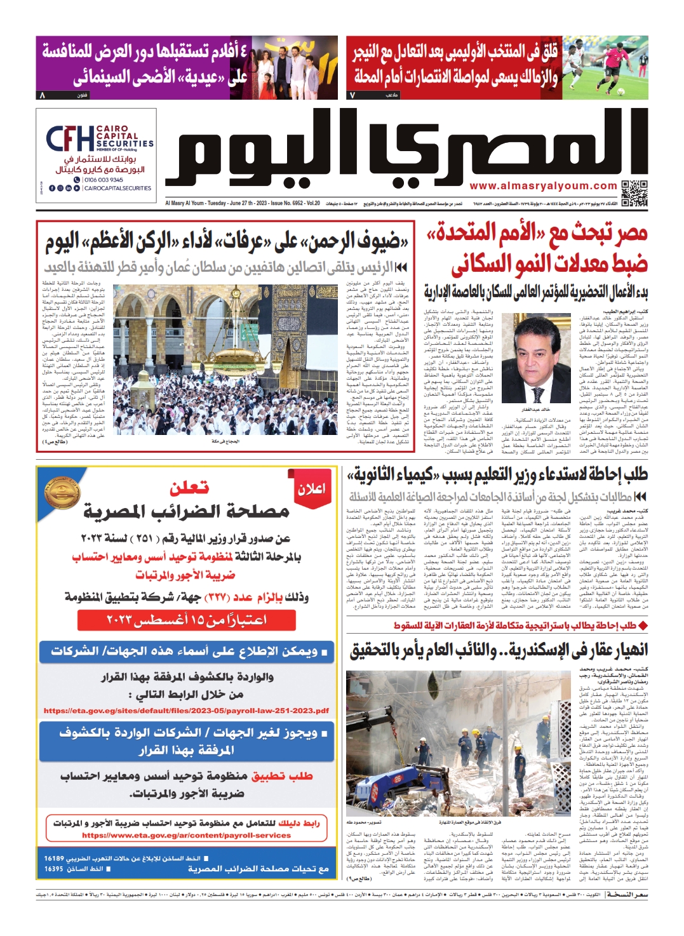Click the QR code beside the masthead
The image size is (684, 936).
click(634, 193)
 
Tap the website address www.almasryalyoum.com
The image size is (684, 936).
click(543, 186)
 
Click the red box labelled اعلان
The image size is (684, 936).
click(311, 488)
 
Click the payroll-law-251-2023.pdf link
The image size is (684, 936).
click(186, 711)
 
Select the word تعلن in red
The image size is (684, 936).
click(189, 488)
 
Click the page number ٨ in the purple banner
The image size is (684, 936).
click(43, 95)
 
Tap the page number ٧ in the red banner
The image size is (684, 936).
click(352, 95)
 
